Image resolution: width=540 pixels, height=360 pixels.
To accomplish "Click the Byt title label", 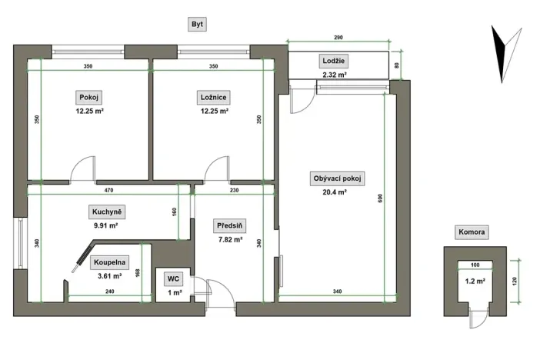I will pos(198,25).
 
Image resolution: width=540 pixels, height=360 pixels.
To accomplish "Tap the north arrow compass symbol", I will pos(502,53).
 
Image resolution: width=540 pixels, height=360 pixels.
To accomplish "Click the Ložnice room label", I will pos(213,98).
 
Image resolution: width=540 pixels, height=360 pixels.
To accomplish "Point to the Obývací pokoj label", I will pos(336,178).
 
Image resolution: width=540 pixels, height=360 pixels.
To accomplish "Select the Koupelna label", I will pos(110,262).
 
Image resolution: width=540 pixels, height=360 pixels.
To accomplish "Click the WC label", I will pos(174,278).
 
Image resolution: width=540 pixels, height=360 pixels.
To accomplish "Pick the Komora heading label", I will pos(474,232).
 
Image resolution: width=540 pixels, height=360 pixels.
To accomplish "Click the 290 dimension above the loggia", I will pos(338,38).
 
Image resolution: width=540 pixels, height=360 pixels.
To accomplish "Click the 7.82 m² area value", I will pos(229,239).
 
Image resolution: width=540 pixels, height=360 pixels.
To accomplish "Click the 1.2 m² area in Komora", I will pos(475,282).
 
